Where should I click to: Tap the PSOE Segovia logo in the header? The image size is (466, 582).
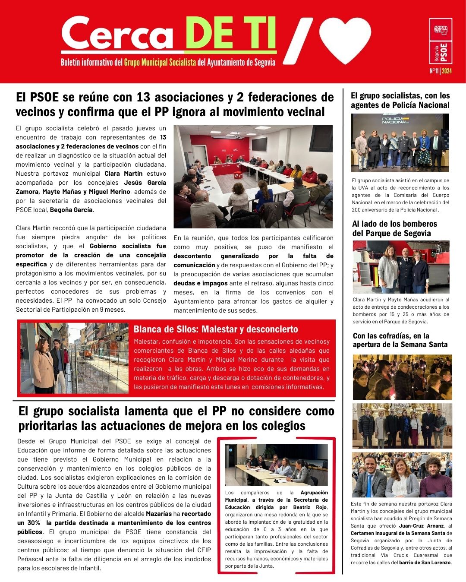pyautogui.click(x=441, y=41)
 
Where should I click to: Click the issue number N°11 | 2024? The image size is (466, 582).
pyautogui.click(x=441, y=71)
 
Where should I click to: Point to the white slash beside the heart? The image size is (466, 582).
pyautogui.click(x=298, y=41)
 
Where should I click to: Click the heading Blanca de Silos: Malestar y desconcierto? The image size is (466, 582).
pyautogui.click(x=216, y=329)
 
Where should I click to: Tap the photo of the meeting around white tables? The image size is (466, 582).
pyautogui.click(x=253, y=177)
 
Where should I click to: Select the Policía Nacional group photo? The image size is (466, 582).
pyautogui.click(x=400, y=142)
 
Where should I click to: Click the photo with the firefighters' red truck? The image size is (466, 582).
pyautogui.click(x=401, y=267)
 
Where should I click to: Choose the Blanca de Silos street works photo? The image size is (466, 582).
pyautogui.click(x=74, y=358)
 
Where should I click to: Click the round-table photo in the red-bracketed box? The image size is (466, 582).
pyautogui.click(x=276, y=465)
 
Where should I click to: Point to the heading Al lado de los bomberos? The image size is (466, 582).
pyautogui.click(x=394, y=228)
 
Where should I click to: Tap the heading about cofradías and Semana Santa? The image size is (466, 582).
pyautogui.click(x=400, y=340)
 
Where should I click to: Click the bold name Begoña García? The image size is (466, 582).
pyautogui.click(x=71, y=210)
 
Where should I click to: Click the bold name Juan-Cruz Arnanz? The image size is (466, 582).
pyautogui.click(x=422, y=526)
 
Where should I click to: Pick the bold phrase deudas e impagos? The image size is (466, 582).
pyautogui.click(x=200, y=284)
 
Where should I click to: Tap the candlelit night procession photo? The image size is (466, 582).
pyautogui.click(x=402, y=377)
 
